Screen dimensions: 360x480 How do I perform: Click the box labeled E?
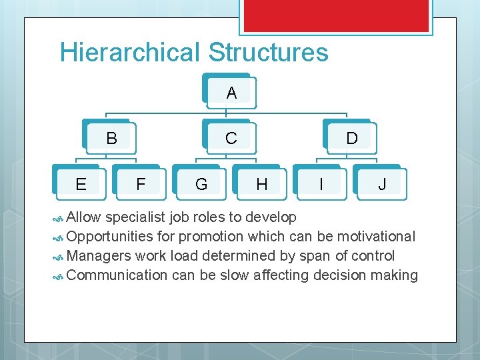[81, 183]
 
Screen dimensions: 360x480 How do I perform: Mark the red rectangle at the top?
[335, 15]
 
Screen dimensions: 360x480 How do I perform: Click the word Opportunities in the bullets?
[110, 237]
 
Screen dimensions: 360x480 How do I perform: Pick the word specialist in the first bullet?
[135, 217]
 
